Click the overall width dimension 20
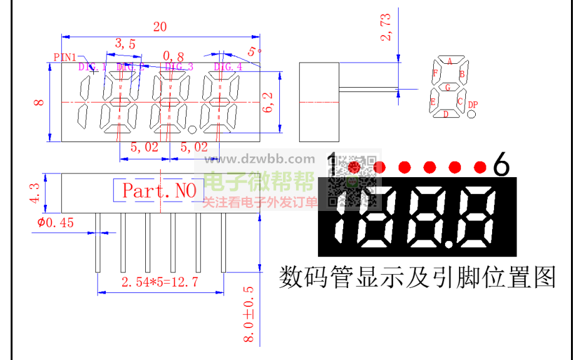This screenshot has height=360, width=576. coord(160,26)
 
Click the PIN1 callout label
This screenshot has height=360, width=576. coord(64,57)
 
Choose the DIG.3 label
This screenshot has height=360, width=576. coord(179,66)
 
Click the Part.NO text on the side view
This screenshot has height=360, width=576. coord(159,190)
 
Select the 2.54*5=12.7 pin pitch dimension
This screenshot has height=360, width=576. coord(160,282)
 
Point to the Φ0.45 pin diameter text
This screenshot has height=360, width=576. coord(56,222)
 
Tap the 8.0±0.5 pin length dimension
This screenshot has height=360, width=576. coord(249,314)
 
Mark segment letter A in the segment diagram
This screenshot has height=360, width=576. coord(450,61)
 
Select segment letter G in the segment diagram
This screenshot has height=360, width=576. coord(448,88)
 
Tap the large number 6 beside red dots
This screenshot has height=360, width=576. coord(501,165)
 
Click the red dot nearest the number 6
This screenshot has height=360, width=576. coord(480,167)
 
